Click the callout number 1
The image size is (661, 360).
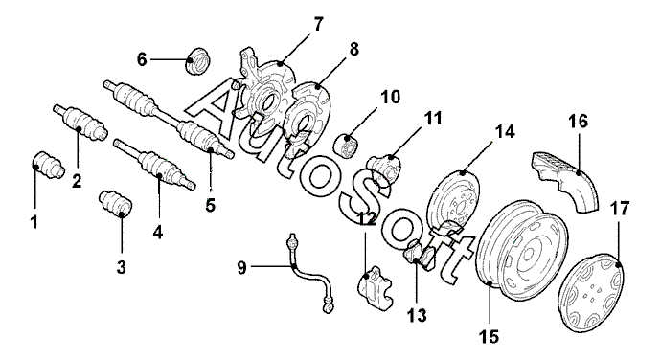coord(34,221)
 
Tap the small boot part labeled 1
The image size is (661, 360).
coord(48,165)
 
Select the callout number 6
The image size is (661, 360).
coord(142,60)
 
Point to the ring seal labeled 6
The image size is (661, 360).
coord(197,60)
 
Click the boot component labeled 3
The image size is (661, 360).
coord(116,204)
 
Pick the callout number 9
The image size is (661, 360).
coord(241,267)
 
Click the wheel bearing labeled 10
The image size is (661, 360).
coord(349,146)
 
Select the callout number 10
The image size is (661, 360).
coord(390,97)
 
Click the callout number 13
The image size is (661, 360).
coord(417,314)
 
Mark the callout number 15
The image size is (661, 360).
coord(489,336)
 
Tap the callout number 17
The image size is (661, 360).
coord(620,208)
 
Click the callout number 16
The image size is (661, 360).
coord(578,122)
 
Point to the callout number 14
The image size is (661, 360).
coord(505,132)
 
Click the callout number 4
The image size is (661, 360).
coord(158,232)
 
